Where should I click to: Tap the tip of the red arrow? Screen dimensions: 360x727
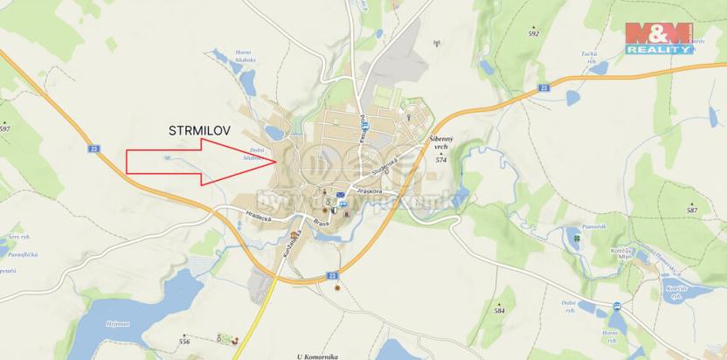(278, 160)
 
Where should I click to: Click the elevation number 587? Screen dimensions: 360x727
(692, 211)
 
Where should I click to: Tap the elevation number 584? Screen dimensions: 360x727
(500, 310)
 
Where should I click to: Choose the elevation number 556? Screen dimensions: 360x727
(184, 340)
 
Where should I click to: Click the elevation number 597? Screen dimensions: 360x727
(5, 128)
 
